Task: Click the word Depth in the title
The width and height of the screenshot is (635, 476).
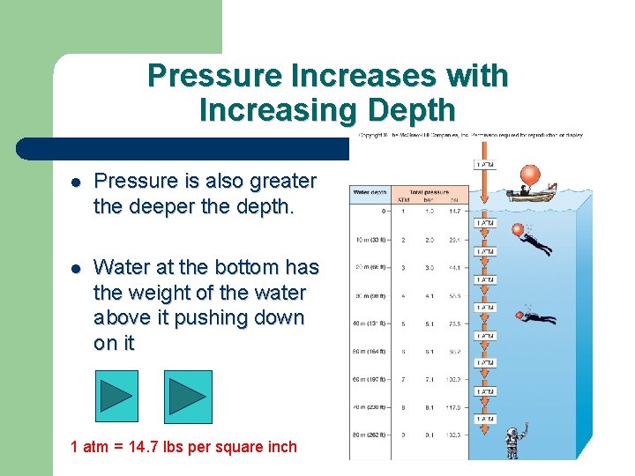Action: tap(411, 111)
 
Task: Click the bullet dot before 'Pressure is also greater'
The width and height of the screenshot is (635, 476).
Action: tap(77, 182)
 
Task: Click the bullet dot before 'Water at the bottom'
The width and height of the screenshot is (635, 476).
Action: tap(77, 267)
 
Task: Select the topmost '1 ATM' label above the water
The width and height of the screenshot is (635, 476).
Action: tap(485, 165)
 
